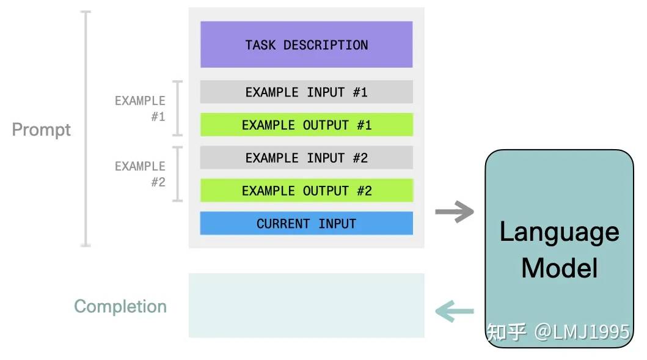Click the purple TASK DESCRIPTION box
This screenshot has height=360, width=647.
(x=307, y=45)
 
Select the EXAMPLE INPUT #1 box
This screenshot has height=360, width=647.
(x=307, y=92)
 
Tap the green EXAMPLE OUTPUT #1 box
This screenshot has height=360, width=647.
(x=307, y=125)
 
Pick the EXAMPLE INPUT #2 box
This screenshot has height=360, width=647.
(x=307, y=157)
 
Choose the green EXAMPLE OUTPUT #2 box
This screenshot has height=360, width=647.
(x=307, y=190)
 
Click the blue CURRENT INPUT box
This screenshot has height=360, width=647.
(x=307, y=223)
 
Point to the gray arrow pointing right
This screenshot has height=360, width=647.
(x=455, y=212)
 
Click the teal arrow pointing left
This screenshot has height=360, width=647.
(x=455, y=311)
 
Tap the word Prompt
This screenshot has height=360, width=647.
(x=42, y=130)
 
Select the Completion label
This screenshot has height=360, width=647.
(x=120, y=306)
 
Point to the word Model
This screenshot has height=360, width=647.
(x=559, y=268)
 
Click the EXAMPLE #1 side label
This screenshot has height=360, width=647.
(x=141, y=109)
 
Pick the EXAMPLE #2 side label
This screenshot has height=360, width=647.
(x=141, y=174)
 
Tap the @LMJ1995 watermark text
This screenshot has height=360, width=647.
(x=582, y=332)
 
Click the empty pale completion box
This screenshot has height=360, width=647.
(x=307, y=305)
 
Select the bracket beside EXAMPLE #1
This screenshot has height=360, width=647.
(x=177, y=108)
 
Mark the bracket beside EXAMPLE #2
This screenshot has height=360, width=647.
(x=177, y=174)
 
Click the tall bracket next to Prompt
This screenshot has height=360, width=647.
(x=86, y=129)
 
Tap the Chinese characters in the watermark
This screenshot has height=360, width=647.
(x=506, y=332)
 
